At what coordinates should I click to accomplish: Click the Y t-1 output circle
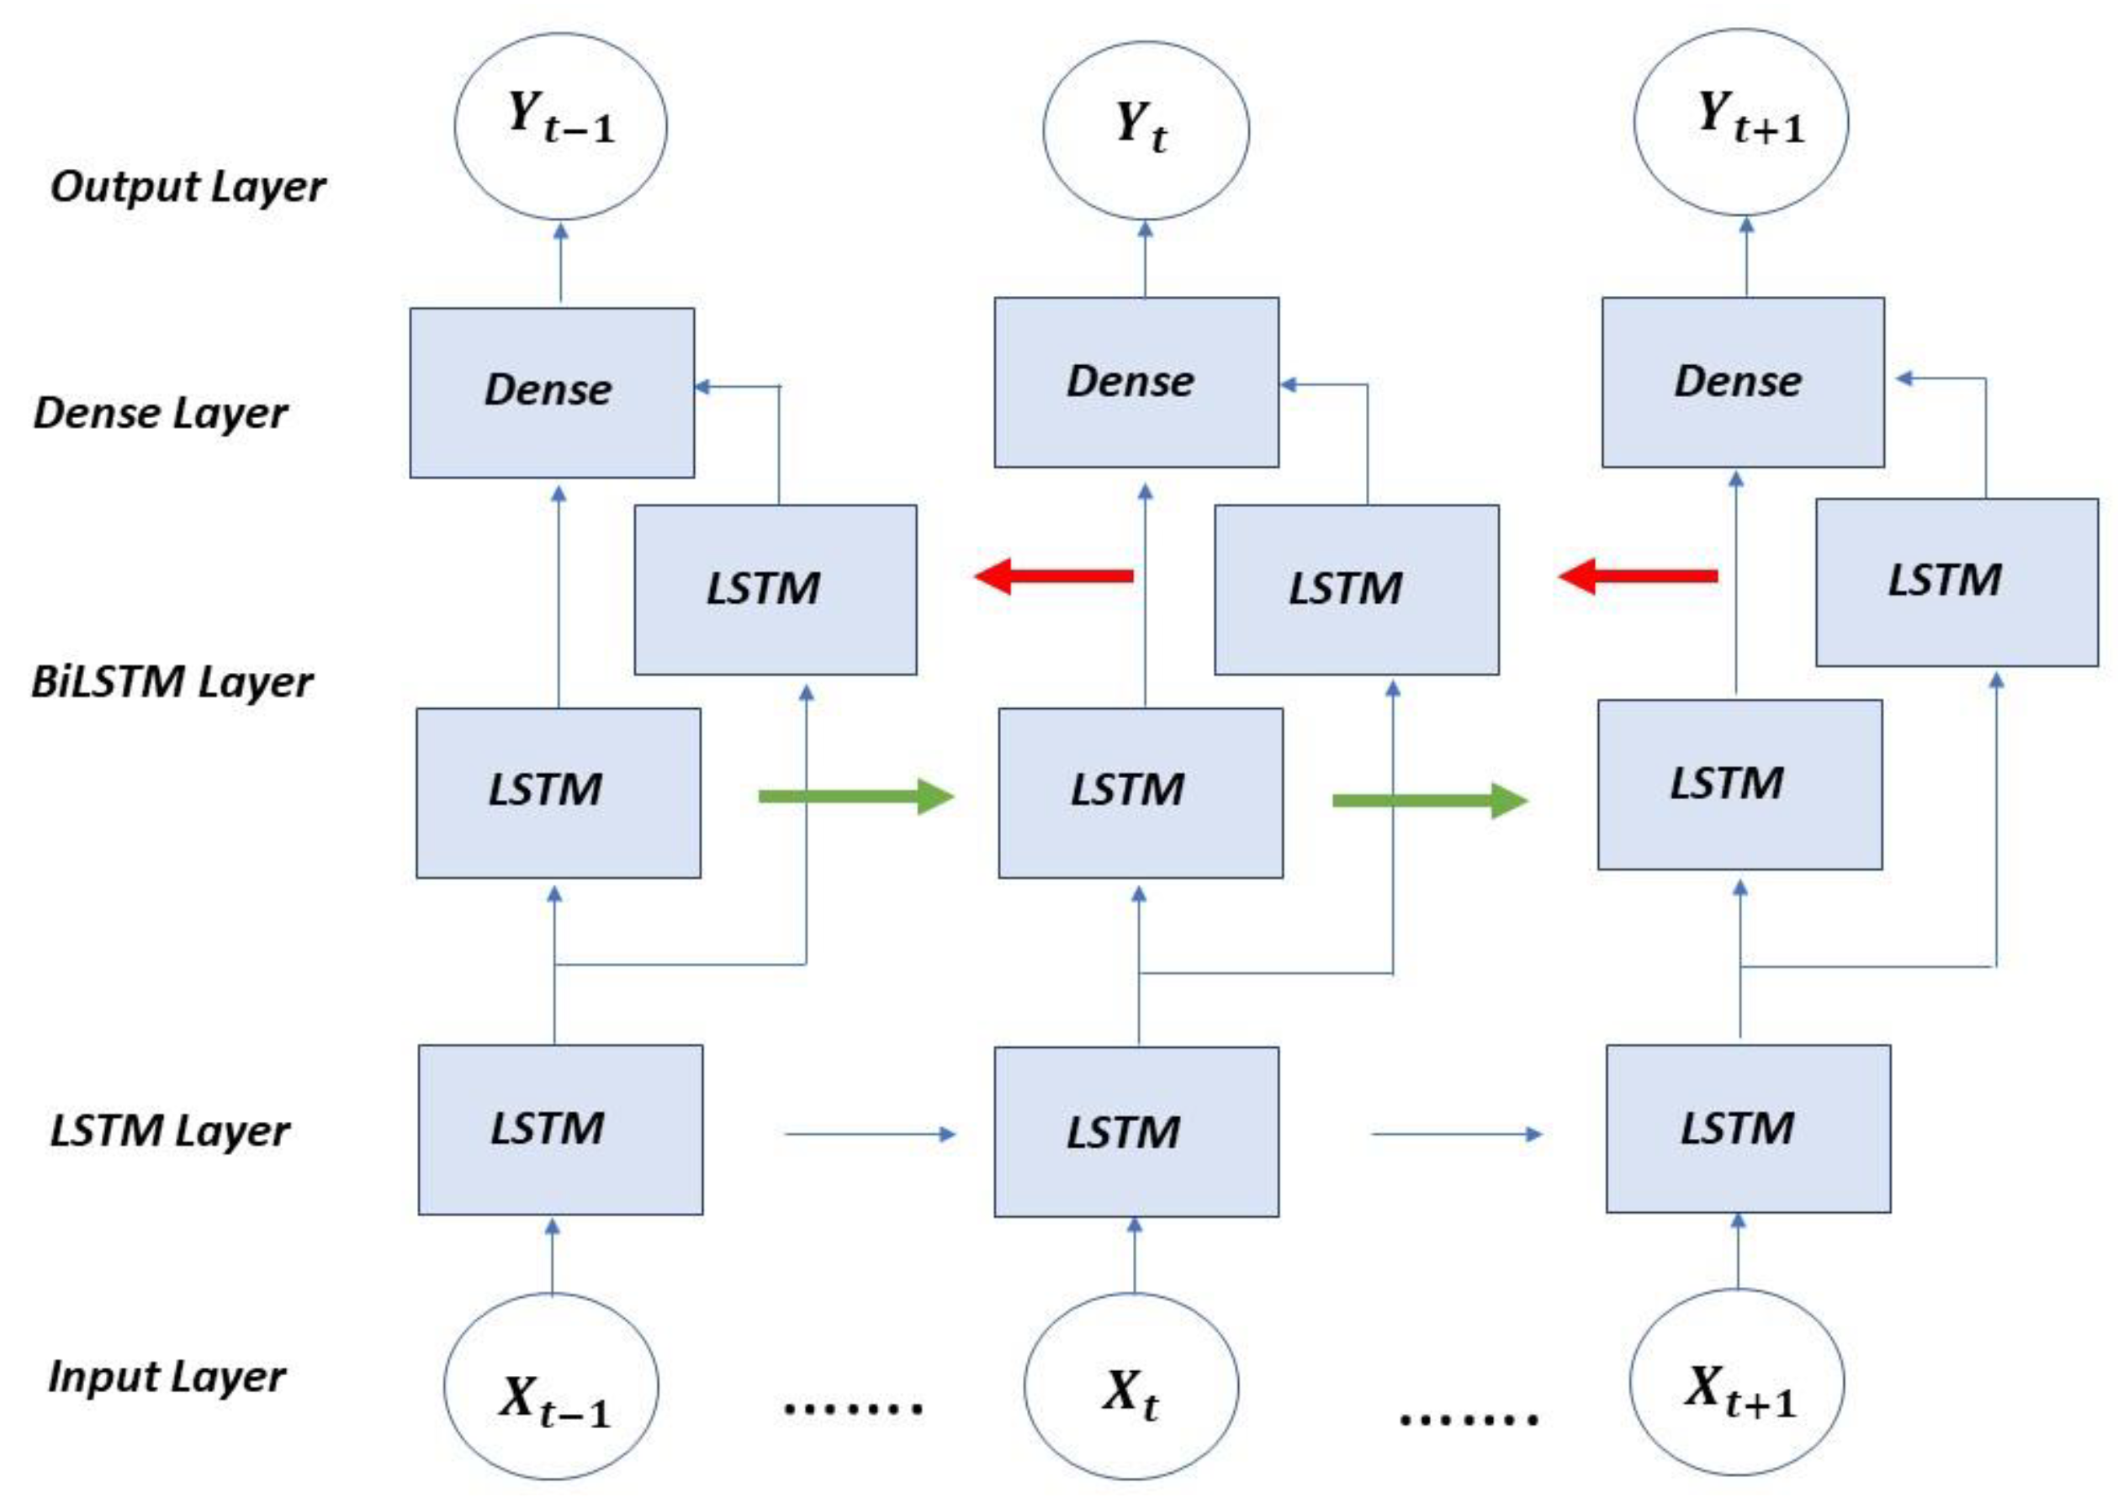560,126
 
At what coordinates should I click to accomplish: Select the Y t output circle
1146,130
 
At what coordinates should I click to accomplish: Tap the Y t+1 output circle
1740,123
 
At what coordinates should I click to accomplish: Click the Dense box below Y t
1136,382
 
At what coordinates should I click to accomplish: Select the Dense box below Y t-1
552,392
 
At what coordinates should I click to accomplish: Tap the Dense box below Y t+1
1743,382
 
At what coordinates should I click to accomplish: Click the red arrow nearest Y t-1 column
1053,576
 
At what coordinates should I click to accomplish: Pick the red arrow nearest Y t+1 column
1638,576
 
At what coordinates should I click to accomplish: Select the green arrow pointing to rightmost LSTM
1429,801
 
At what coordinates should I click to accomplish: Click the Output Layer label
188,188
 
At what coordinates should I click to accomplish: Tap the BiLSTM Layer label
172,683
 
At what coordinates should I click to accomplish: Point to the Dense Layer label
161,413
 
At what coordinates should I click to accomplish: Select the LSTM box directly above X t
1136,1132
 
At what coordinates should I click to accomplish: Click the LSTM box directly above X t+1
1747,1128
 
